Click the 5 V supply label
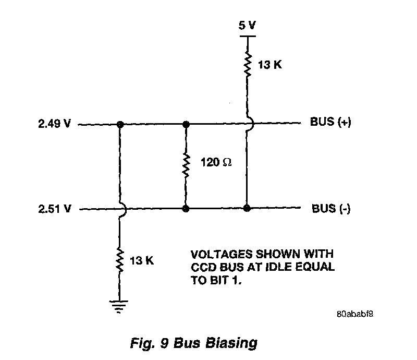(247, 26)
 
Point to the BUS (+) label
(331, 123)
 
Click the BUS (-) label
(331, 209)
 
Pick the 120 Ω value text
(216, 162)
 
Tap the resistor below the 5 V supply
(247, 65)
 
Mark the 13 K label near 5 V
(270, 65)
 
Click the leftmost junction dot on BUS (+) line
(120, 125)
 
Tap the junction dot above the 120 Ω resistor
(185, 125)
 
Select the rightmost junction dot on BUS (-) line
(247, 209)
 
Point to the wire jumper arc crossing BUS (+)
(249, 124)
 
